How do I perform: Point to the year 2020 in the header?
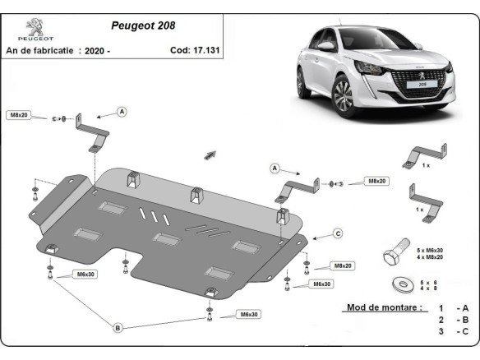pyautogui.click(x=95, y=50)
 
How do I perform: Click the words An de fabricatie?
pyautogui.click(x=39, y=50)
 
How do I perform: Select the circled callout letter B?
pyautogui.click(x=118, y=328)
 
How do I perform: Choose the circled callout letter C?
pyautogui.click(x=337, y=234)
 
